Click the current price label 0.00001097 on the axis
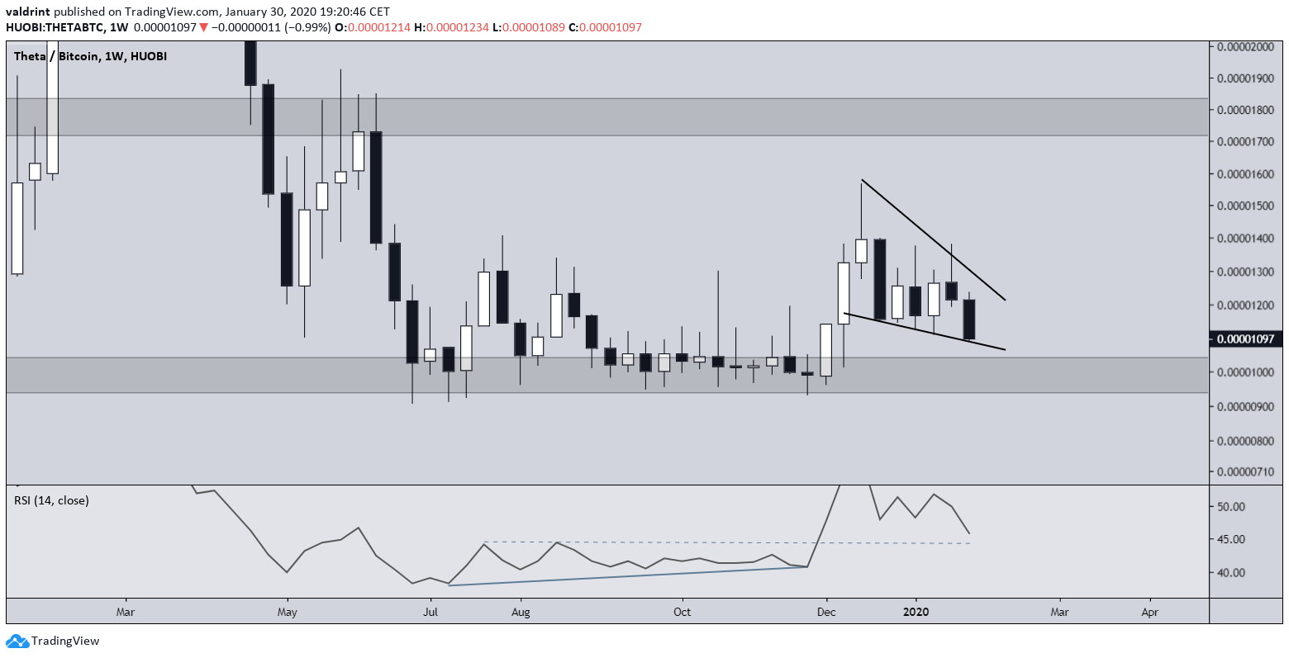coord(1247,338)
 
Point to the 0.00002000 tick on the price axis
coord(1247,46)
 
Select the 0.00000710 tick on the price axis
coord(1247,472)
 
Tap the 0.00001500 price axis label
coord(1247,206)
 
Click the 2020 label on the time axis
coord(915,613)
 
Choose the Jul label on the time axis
coord(430,613)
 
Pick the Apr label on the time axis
coord(1149,613)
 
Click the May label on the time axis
coord(287,613)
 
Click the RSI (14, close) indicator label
coord(51,500)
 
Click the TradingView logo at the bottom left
coord(53,641)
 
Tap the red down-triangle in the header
coord(203,28)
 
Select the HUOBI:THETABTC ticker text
coord(55,28)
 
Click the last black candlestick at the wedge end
coord(969,319)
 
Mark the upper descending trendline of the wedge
coord(934,239)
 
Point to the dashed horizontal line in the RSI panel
coord(727,542)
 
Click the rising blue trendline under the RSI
coord(628,575)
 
